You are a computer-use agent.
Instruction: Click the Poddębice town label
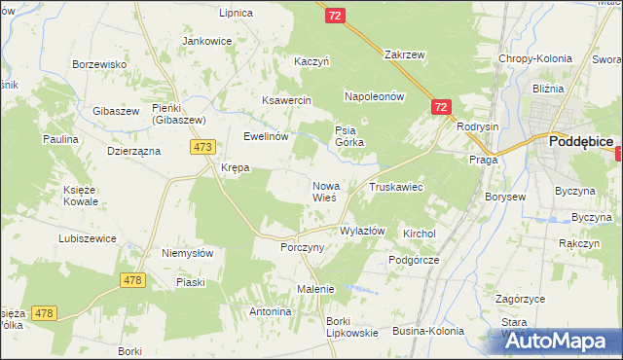(x=580, y=141)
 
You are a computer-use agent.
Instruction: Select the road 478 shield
(x=133, y=280)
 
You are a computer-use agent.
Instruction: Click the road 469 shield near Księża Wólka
(x=43, y=313)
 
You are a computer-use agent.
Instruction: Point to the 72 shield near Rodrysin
(x=441, y=107)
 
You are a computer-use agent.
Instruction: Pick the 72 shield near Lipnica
(x=335, y=17)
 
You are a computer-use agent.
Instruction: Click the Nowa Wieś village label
(x=324, y=191)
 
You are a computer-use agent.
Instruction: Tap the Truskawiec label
(x=394, y=186)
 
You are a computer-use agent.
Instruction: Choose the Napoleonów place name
(x=374, y=97)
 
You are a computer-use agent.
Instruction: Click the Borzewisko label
(x=101, y=64)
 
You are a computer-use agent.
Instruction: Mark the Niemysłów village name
(x=187, y=253)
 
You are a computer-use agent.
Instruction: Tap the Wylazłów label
(x=362, y=232)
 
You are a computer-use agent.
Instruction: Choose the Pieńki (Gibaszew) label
(x=174, y=113)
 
